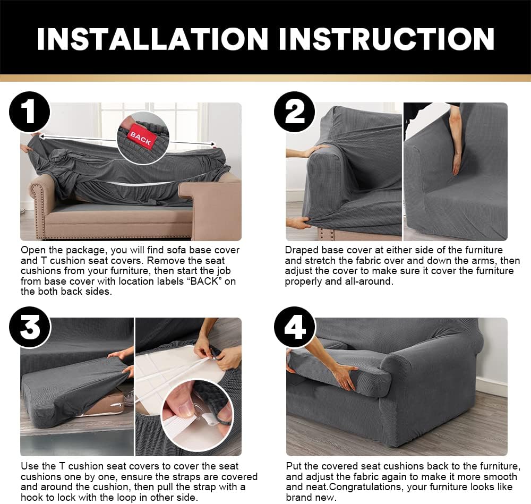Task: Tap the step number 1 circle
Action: click(x=29, y=113)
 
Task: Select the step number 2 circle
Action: click(x=294, y=113)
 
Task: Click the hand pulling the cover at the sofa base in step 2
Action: click(x=298, y=223)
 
